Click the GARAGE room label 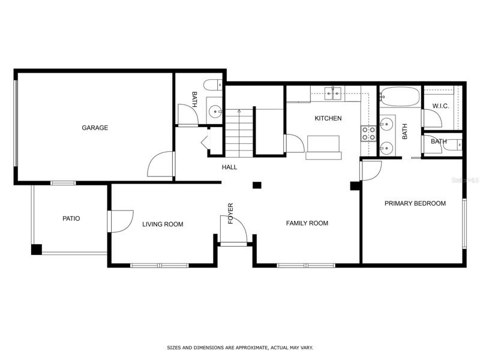(x=95, y=128)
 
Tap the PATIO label (x=71, y=218)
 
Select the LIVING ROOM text (x=163, y=224)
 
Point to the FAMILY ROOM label (x=307, y=223)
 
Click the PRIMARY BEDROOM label (x=415, y=203)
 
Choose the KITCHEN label (x=328, y=118)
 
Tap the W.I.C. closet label (x=441, y=106)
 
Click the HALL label (x=229, y=167)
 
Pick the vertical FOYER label (x=230, y=214)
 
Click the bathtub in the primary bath (x=400, y=97)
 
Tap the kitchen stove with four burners (x=368, y=133)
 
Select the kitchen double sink (x=333, y=94)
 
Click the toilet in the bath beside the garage (x=213, y=85)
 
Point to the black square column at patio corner (x=37, y=250)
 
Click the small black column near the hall (x=257, y=185)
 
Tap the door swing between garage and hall (x=160, y=164)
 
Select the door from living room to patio (x=121, y=221)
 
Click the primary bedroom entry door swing (x=371, y=170)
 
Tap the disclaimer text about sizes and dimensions (x=240, y=348)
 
